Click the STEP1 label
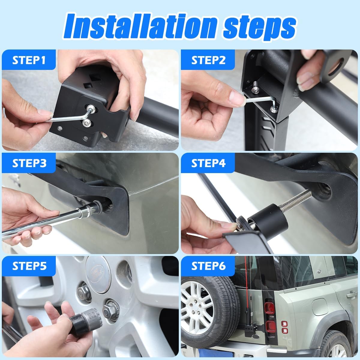click(29, 60)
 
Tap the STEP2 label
click(208, 60)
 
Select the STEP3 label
click(29, 163)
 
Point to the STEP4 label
click(208, 163)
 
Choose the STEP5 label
click(29, 266)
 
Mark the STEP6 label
click(208, 266)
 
